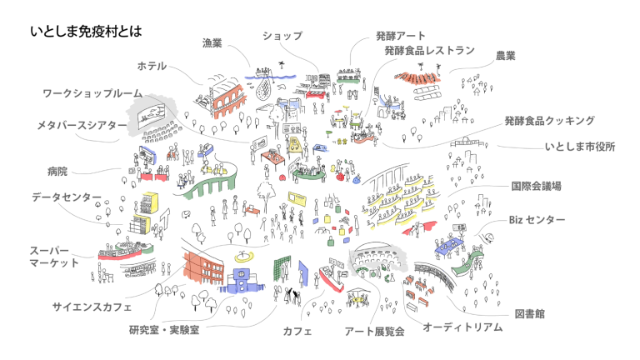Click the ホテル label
[x=152, y=66]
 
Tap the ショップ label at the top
[x=282, y=36]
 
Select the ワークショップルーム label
[x=92, y=93]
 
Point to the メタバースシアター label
[x=82, y=125]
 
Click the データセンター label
[x=67, y=197]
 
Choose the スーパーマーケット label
[x=55, y=257]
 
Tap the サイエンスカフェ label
[x=92, y=306]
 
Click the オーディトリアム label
[x=462, y=327]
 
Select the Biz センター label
[x=537, y=220]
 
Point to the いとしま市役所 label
[x=580, y=146]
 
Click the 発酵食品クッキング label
[x=549, y=121]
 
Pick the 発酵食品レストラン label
[x=429, y=51]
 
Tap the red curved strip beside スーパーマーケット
[x=119, y=256]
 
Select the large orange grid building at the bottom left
[x=203, y=268]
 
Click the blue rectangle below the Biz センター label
[x=448, y=246]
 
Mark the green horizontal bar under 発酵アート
[x=348, y=82]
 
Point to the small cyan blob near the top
[x=285, y=81]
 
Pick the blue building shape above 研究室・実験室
[x=242, y=282]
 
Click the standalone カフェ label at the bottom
[x=297, y=331]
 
